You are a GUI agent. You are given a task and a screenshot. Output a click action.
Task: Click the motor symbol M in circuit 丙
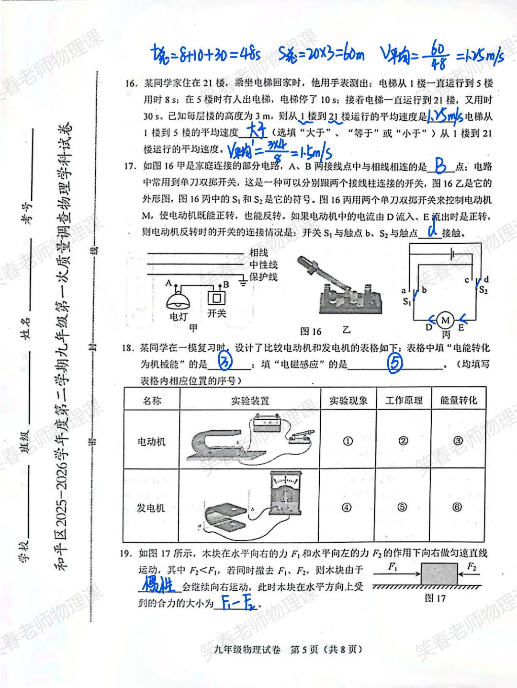tap(446, 320)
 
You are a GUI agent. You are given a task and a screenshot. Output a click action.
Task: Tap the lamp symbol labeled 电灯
tap(178, 300)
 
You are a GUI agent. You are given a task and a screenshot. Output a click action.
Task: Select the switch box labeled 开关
tap(216, 298)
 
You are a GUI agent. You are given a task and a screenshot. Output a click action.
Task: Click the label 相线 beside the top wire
tap(258, 252)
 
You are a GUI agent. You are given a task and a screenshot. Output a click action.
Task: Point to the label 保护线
tap(263, 277)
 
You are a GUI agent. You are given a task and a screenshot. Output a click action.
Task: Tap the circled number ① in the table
tap(348, 441)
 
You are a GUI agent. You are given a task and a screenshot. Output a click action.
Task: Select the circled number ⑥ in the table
tap(457, 507)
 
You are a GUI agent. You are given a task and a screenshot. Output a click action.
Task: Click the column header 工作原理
tap(404, 400)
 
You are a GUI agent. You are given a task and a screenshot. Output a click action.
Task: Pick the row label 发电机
tap(151, 508)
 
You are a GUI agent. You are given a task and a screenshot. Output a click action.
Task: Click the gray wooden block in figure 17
tap(439, 574)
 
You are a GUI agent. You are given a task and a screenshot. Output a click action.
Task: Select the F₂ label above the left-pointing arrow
tap(472, 567)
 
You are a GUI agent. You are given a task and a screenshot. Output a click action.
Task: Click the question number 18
tap(128, 348)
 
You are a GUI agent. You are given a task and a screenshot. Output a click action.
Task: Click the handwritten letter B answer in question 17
tap(441, 166)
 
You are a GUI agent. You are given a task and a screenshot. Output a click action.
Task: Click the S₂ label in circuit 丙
tap(483, 290)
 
